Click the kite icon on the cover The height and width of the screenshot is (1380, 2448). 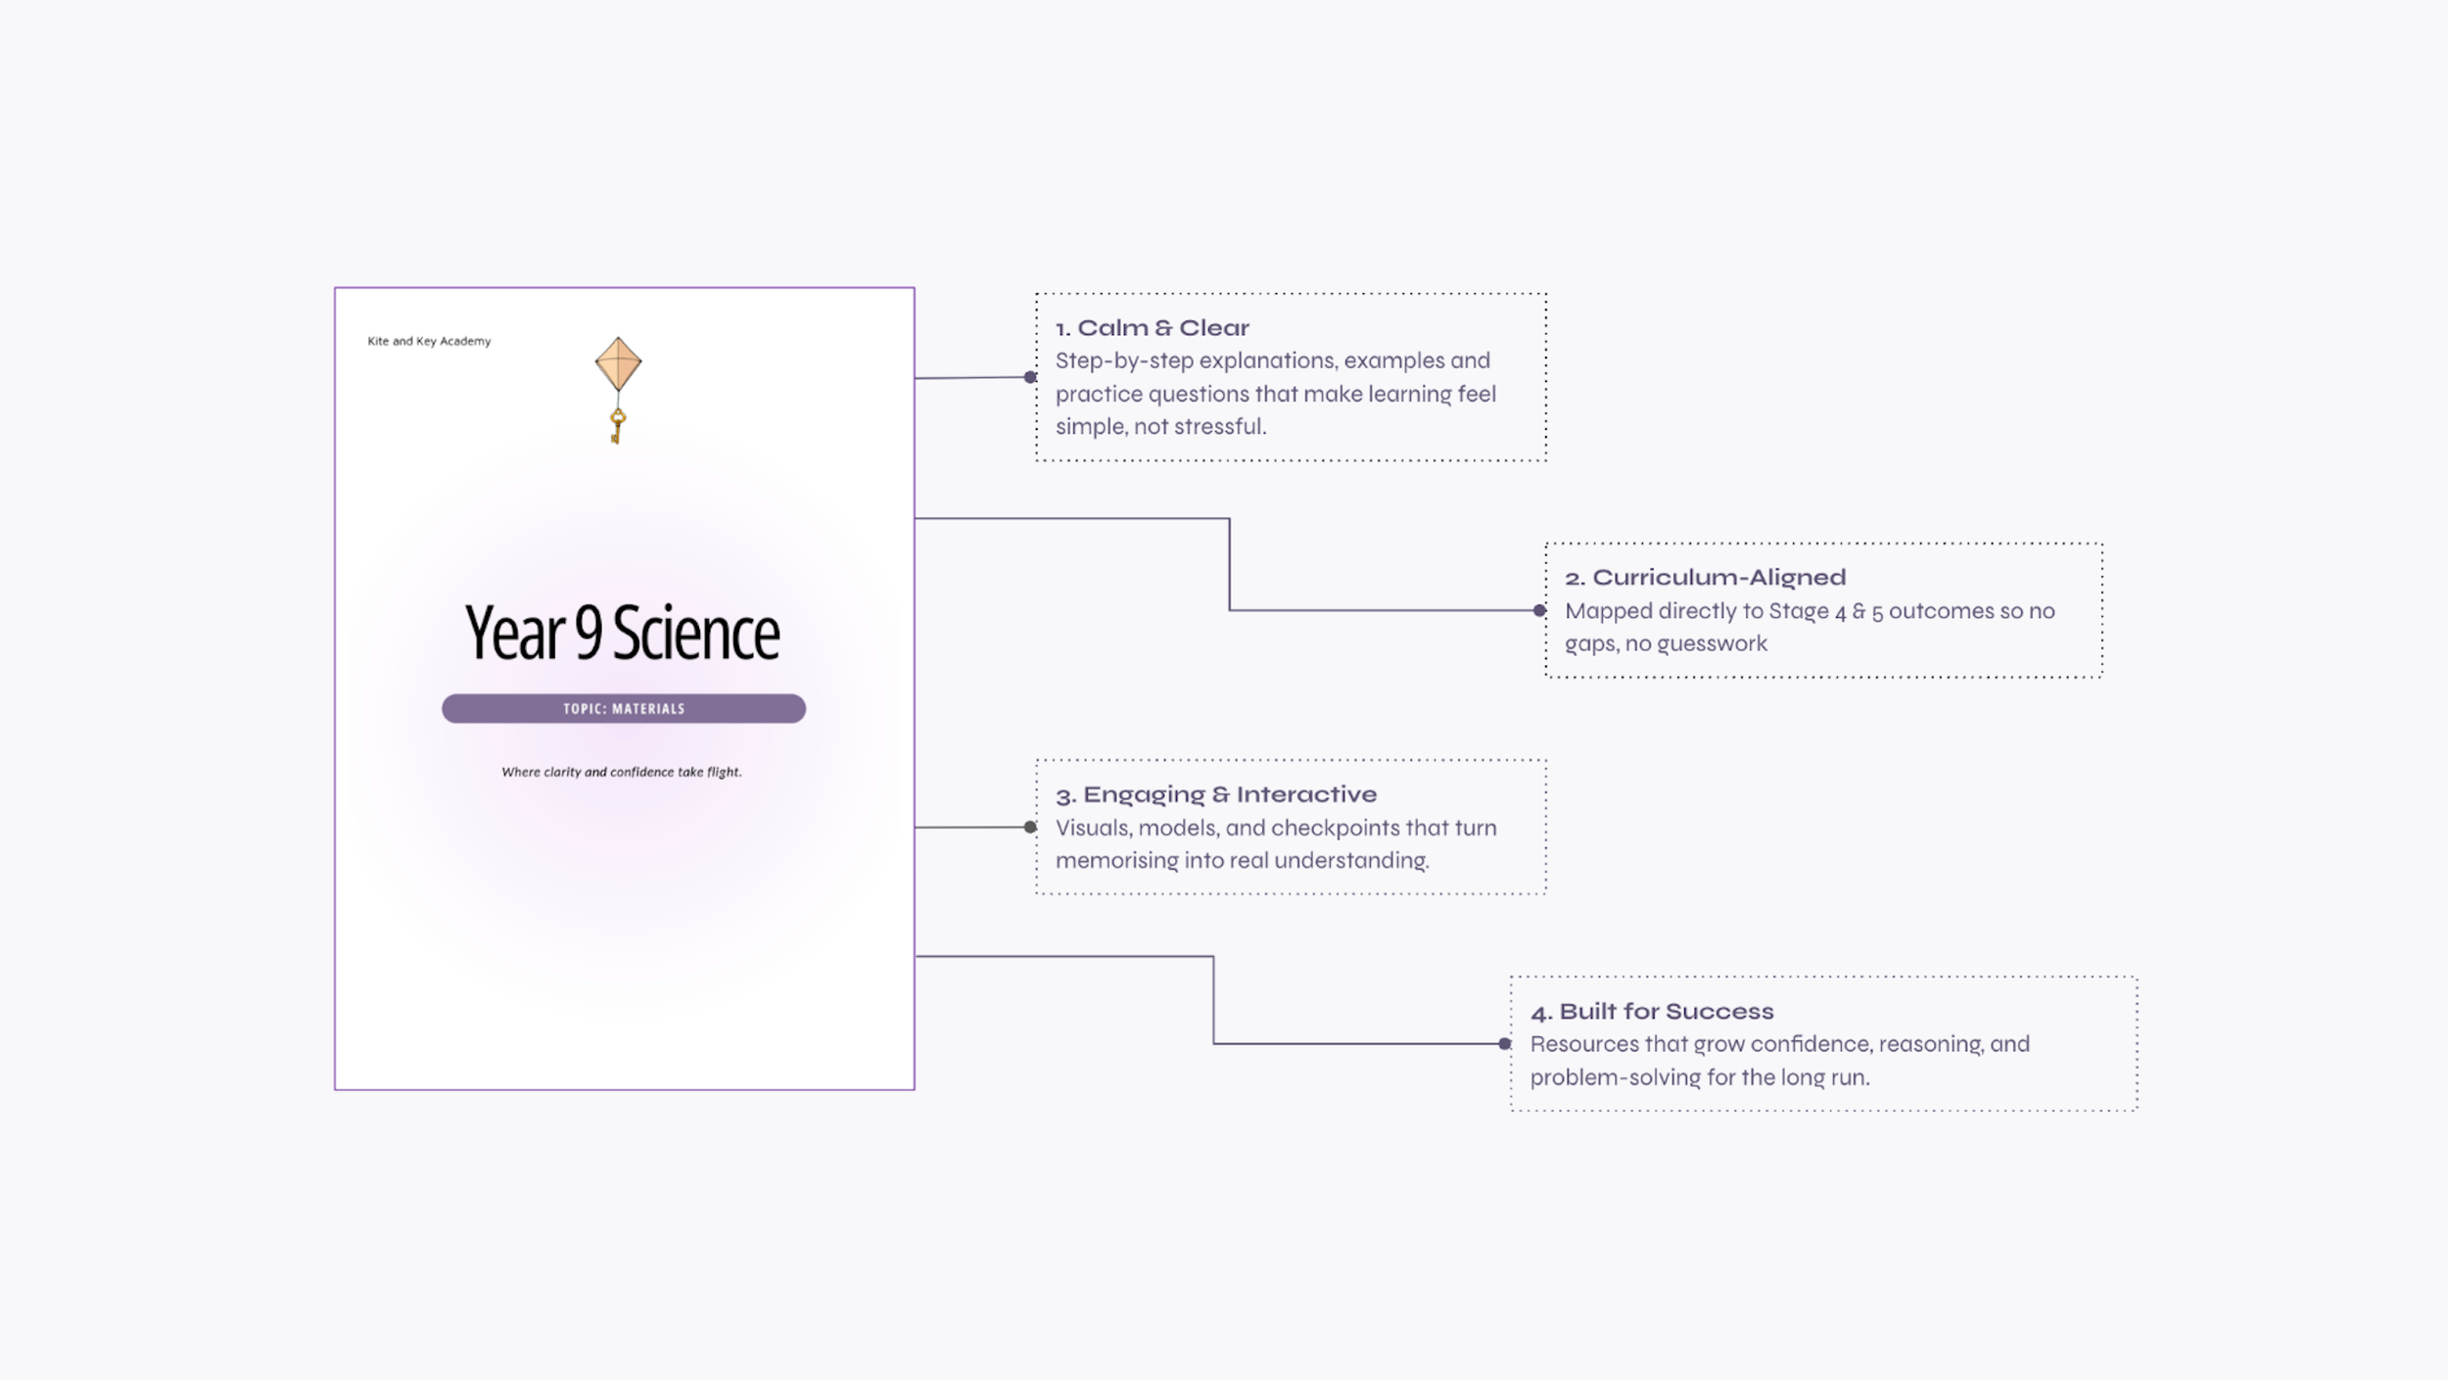(618, 364)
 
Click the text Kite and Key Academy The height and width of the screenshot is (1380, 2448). (429, 341)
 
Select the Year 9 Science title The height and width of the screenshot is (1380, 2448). (623, 633)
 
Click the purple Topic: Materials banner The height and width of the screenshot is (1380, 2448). (624, 708)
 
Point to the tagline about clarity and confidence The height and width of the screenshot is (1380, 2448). (622, 772)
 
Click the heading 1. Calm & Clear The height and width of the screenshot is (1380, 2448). (1153, 328)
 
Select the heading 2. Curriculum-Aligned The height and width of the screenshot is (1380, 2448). (1705, 578)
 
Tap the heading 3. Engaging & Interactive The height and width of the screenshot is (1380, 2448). (1216, 794)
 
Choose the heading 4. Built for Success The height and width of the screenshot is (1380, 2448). (1652, 1012)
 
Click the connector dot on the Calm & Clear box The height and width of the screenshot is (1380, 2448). (1030, 377)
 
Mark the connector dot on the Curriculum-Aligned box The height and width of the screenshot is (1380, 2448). (1539, 610)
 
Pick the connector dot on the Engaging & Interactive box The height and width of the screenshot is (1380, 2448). (1030, 828)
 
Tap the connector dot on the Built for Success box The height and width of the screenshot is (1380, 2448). (1505, 1044)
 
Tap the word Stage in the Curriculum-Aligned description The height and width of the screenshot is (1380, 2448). (1798, 611)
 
